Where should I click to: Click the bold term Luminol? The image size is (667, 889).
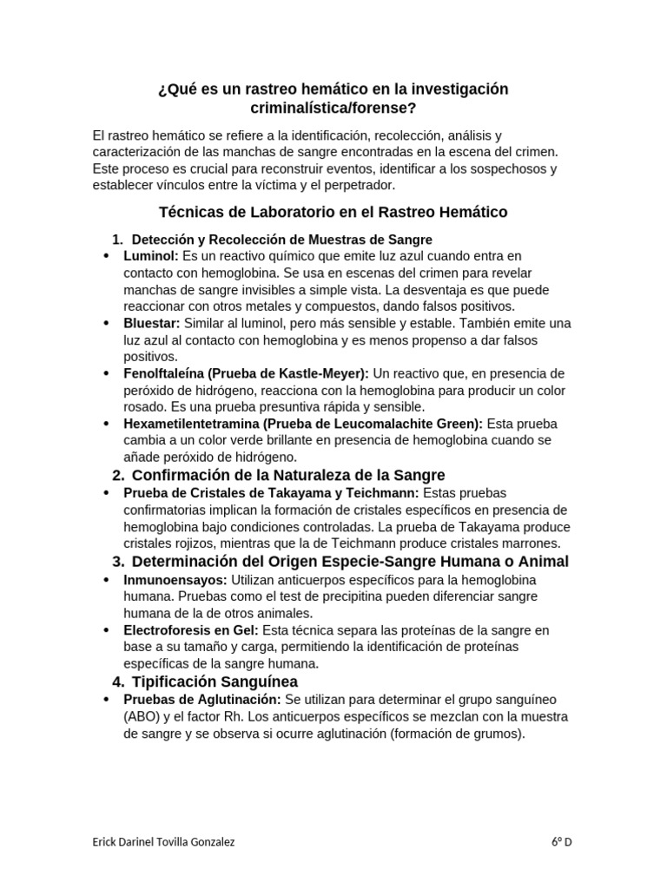(151, 256)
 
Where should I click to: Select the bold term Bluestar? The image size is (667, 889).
(152, 323)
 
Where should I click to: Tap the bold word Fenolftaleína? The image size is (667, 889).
(165, 373)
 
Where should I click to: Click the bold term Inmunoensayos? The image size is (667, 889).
(164, 579)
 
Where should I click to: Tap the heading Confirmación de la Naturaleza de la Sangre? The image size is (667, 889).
(288, 475)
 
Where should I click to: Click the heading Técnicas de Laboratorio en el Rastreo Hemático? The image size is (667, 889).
(333, 212)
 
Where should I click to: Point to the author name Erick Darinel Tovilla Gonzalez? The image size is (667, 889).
(162, 841)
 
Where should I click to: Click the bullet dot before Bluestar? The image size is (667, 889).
(106, 323)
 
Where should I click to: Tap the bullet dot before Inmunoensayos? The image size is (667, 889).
(106, 579)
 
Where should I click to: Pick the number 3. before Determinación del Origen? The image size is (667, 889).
(119, 562)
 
